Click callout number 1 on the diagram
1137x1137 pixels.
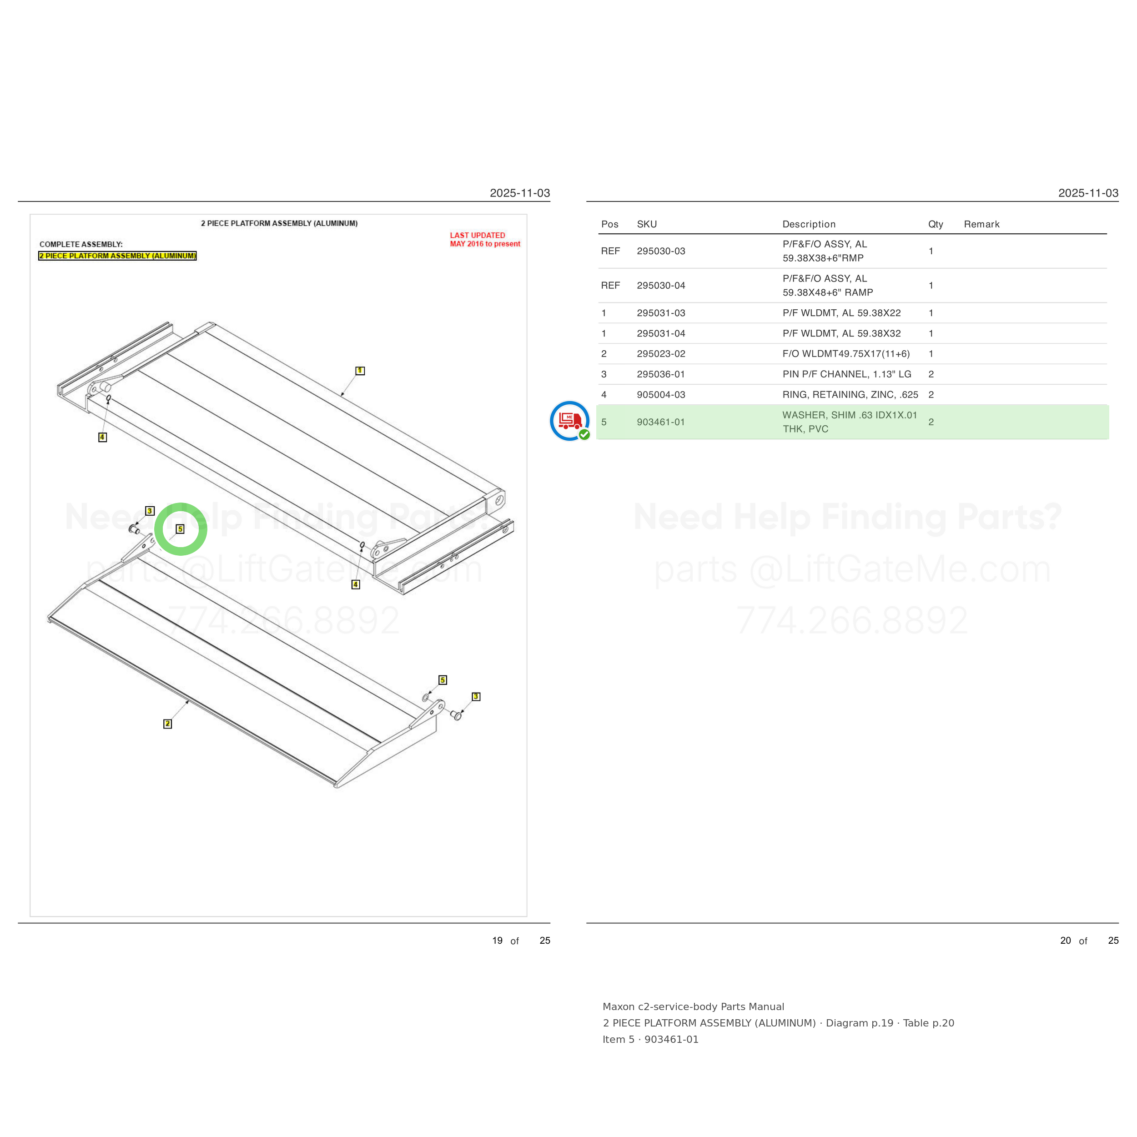[x=360, y=371]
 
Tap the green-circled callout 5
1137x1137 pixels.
[x=180, y=529]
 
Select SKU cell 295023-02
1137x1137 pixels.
[x=660, y=354]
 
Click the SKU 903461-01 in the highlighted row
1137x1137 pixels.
[x=660, y=422]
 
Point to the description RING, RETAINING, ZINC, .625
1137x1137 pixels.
[x=850, y=395]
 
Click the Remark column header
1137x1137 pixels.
[x=981, y=224]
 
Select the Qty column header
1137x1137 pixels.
[x=935, y=224]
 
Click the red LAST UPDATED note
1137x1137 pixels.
[x=485, y=240]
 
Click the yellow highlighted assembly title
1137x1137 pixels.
[x=118, y=256]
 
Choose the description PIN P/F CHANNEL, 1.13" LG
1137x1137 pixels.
[x=846, y=374]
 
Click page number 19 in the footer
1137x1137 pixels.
[x=497, y=941]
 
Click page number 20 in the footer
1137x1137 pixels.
[x=1065, y=941]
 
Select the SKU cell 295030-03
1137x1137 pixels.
[x=660, y=252]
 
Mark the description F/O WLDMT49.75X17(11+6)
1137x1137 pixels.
[x=845, y=354]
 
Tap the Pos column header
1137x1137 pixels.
[x=610, y=224]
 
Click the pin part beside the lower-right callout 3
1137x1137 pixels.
[x=456, y=715]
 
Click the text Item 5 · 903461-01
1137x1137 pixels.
[x=650, y=1040]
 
